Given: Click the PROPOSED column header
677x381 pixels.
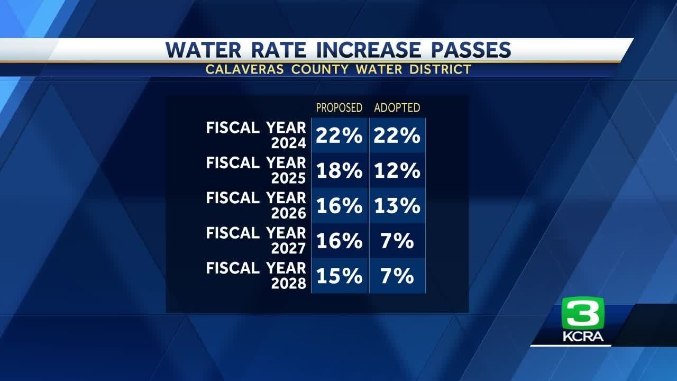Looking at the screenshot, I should (339, 108).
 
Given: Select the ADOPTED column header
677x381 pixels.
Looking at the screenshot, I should (397, 108).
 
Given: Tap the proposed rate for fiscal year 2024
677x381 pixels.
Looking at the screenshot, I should (339, 136).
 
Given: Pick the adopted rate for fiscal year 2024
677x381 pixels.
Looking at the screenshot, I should (397, 136).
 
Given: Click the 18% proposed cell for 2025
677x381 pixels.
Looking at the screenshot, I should (339, 171).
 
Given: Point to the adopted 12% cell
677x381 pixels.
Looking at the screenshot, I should (397, 171).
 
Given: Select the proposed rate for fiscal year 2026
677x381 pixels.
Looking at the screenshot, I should (339, 206).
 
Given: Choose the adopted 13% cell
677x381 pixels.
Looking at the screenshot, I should (397, 206).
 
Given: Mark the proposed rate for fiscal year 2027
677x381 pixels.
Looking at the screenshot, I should (339, 241).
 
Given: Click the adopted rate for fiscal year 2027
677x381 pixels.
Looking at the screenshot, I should (397, 241).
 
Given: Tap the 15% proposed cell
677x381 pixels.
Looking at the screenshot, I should (339, 276).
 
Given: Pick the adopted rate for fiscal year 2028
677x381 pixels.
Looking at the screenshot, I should (397, 276).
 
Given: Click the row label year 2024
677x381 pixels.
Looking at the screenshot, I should (288, 143).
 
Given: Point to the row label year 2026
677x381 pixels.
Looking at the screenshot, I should (288, 213).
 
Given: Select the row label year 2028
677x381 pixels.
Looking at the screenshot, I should (288, 283).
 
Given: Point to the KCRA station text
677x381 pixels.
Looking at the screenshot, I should (583, 337).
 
